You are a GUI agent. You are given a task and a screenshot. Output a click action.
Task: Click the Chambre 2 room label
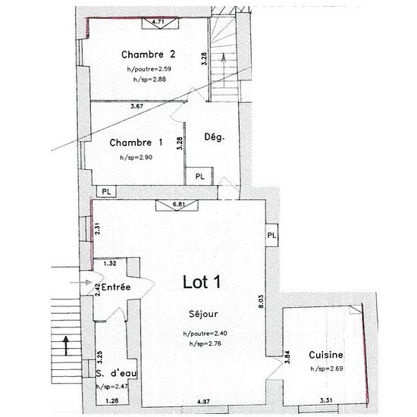coord(149,55)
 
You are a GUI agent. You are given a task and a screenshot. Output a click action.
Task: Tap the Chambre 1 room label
coord(136,143)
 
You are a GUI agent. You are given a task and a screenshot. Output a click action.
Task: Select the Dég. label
coord(215,137)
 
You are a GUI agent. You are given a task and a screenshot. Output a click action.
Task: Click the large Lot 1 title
coord(202,282)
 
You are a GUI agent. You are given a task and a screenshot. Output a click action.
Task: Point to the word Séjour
coord(203,314)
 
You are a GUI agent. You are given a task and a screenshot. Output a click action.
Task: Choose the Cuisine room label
coord(326,355)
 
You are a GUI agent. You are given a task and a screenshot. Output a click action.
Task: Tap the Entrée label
coord(116,287)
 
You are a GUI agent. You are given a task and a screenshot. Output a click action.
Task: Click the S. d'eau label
coord(116,373)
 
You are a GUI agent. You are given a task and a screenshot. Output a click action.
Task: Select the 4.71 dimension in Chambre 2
coord(158,21)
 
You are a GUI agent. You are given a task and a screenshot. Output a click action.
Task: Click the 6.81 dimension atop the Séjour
coord(179,204)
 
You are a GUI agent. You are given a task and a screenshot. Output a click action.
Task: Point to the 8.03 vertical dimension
coord(262,301)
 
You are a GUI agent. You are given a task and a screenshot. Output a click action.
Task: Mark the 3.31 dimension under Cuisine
coord(326,400)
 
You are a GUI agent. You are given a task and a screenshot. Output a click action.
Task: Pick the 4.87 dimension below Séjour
coord(203,402)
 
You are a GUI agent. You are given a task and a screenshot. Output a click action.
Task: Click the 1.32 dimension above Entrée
coord(110,263)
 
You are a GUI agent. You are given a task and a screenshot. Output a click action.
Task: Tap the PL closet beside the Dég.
coord(199,177)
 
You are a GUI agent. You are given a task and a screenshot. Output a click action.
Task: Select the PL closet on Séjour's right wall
coord(271,235)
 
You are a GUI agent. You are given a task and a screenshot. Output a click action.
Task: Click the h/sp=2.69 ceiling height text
coord(327,368)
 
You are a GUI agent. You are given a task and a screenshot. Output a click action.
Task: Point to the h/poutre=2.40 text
coord(205,334)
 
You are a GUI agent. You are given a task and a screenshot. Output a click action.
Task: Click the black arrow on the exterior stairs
coord(66,346)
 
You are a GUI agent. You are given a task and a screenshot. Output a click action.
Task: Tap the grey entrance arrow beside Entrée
coord(80,283)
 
